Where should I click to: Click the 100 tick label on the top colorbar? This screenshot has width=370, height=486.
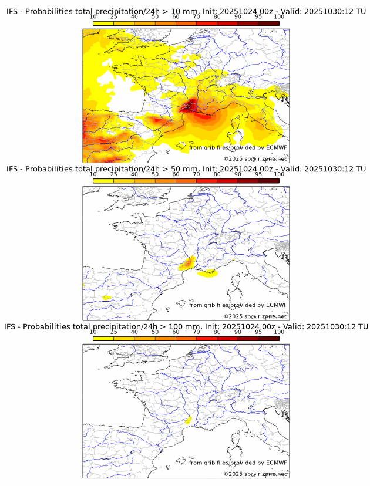tap(279, 16)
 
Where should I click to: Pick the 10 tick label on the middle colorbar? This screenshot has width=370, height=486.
tap(93, 174)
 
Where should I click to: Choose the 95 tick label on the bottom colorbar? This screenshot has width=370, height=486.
tap(258, 332)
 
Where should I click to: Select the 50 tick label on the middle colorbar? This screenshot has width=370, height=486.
tap(155, 174)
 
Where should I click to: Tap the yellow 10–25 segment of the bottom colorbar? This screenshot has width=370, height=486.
tap(103, 339)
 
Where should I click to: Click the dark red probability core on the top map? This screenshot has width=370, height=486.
tap(189, 107)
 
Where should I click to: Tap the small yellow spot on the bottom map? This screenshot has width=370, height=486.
tap(188, 420)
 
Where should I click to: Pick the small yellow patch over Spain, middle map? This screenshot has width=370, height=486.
tap(106, 298)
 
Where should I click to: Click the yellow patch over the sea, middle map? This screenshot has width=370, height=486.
tap(208, 273)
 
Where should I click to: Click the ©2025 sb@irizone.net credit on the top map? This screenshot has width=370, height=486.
tap(255, 158)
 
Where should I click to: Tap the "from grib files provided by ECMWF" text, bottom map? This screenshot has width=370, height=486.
tap(238, 463)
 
